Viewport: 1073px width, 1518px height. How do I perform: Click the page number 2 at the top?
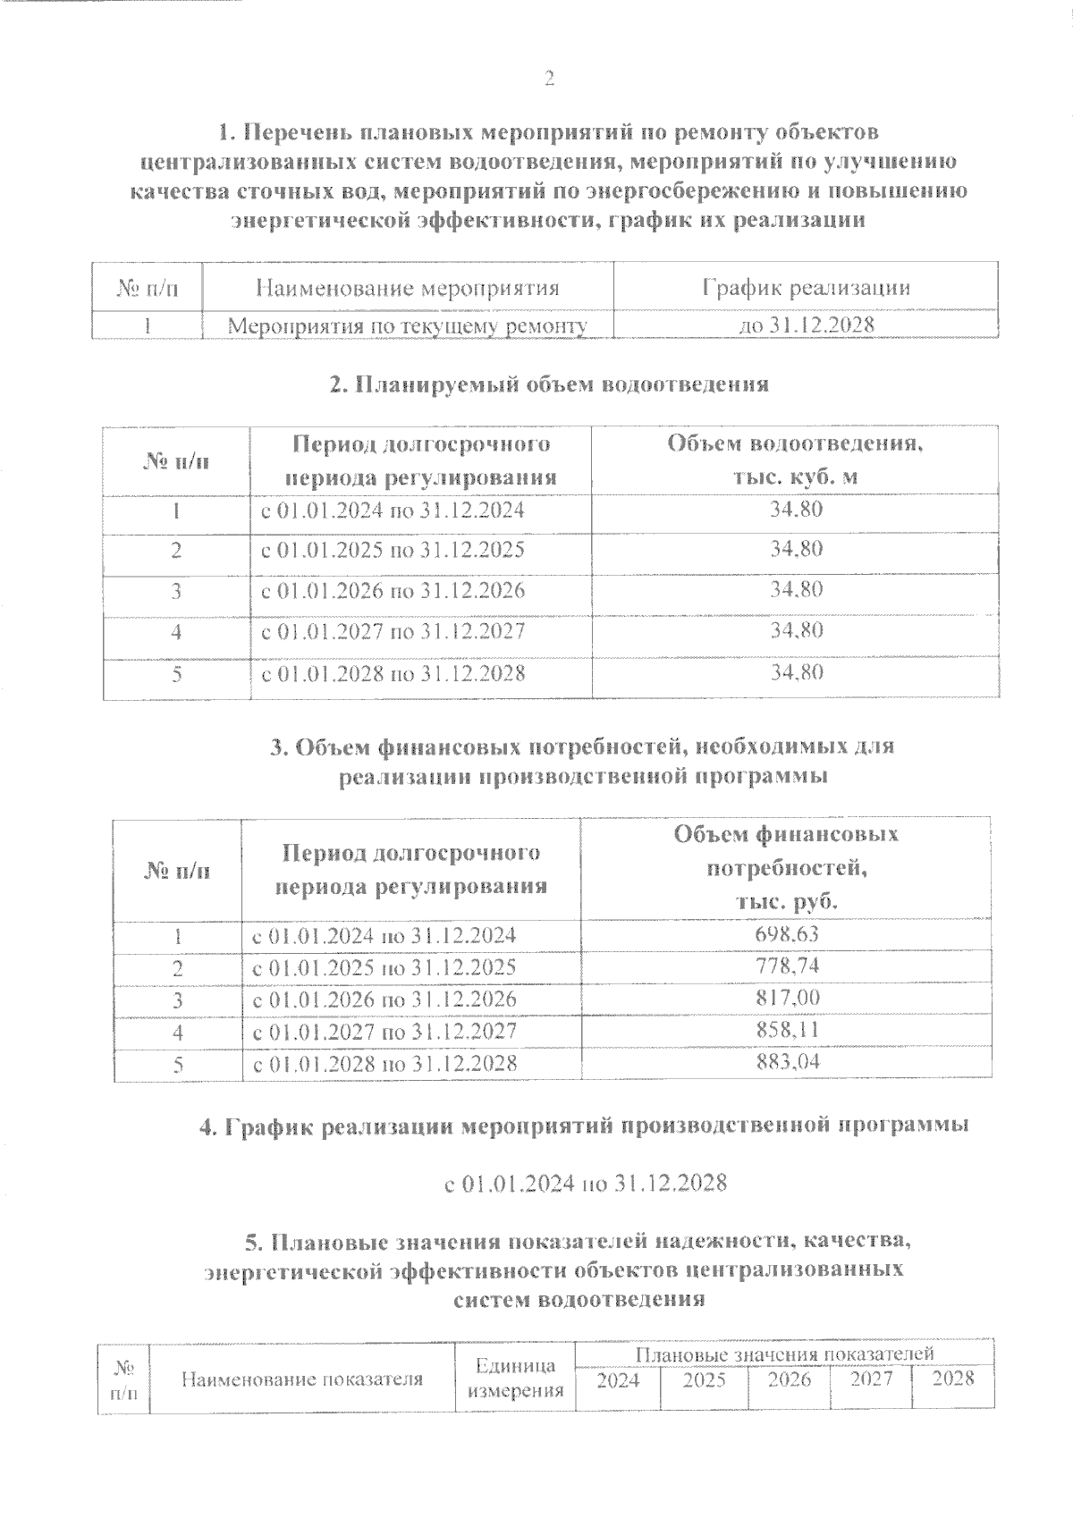pos(550,80)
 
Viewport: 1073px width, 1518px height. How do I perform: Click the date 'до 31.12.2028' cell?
pos(806,325)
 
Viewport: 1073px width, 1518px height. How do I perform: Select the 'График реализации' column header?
pos(806,288)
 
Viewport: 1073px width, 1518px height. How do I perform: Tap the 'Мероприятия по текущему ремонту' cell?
pos(408,326)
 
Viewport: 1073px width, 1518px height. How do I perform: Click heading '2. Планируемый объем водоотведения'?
pos(549,384)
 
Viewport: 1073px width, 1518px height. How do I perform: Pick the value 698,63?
pos(787,935)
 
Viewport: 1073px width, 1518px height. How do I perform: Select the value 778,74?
pos(787,966)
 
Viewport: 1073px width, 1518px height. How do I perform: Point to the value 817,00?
pos(787,998)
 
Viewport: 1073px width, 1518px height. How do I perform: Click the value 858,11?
pos(787,1030)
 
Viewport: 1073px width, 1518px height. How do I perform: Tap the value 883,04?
pos(787,1062)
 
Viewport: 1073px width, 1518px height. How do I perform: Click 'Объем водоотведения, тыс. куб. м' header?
pos(795,460)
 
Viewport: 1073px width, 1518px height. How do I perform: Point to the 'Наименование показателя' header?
pos(302,1379)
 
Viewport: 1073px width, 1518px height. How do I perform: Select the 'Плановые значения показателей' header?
pos(785,1354)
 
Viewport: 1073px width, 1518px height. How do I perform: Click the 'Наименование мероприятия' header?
pos(408,288)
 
